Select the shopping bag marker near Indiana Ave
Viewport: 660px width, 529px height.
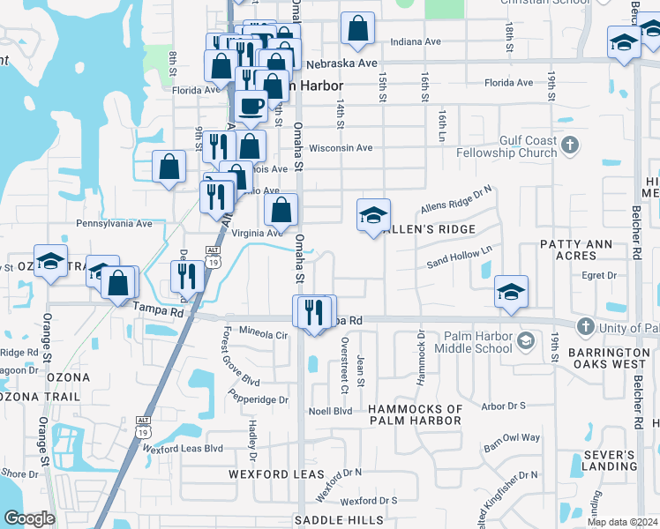coord(358,28)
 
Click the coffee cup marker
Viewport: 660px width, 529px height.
coord(251,107)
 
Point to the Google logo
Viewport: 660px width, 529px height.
coord(28,518)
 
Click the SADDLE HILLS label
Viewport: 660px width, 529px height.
coord(340,520)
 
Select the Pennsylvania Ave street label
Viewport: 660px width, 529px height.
coord(115,224)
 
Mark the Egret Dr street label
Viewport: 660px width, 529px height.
coord(599,276)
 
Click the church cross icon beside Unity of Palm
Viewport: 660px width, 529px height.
coord(584,327)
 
